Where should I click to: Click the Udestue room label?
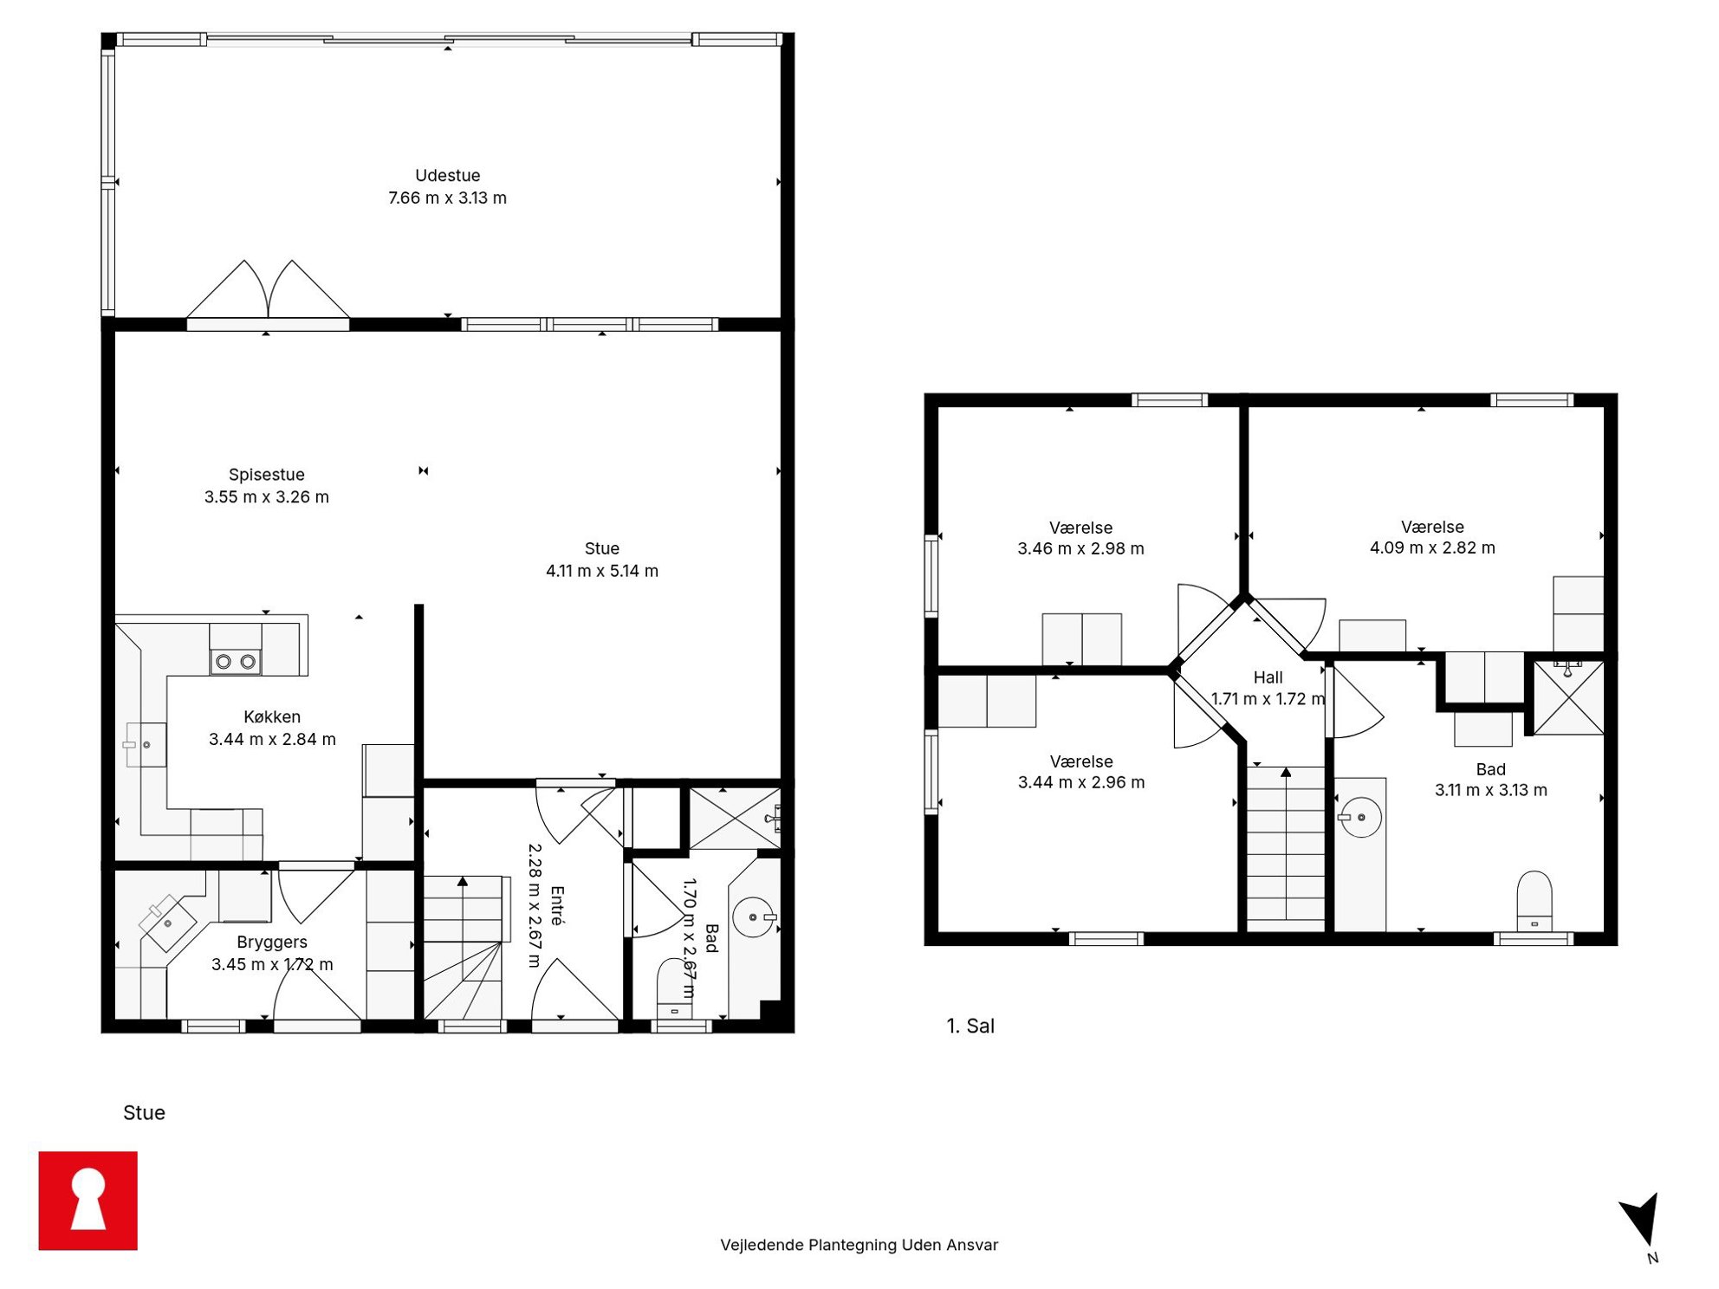click(x=447, y=175)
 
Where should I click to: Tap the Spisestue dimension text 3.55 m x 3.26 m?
click(x=267, y=497)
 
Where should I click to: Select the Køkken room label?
click(x=272, y=716)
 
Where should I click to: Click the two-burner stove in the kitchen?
click(x=236, y=662)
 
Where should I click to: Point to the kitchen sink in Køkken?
click(x=146, y=745)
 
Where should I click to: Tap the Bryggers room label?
click(x=272, y=942)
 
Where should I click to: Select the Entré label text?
click(x=557, y=906)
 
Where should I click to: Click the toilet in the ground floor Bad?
click(x=674, y=988)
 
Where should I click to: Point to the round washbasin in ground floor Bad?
click(x=754, y=917)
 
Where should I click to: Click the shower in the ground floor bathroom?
click(x=735, y=818)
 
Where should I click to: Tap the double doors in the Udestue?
click(x=269, y=289)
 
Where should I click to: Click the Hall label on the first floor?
click(x=1268, y=677)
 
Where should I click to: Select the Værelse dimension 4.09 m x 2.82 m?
click(x=1432, y=547)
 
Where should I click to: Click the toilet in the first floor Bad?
click(x=1534, y=901)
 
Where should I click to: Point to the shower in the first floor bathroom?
click(x=1568, y=697)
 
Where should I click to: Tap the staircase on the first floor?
click(x=1286, y=849)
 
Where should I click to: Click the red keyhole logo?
click(x=88, y=1201)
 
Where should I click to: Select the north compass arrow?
click(x=1640, y=1219)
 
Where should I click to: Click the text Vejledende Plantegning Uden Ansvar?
click(x=859, y=1245)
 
